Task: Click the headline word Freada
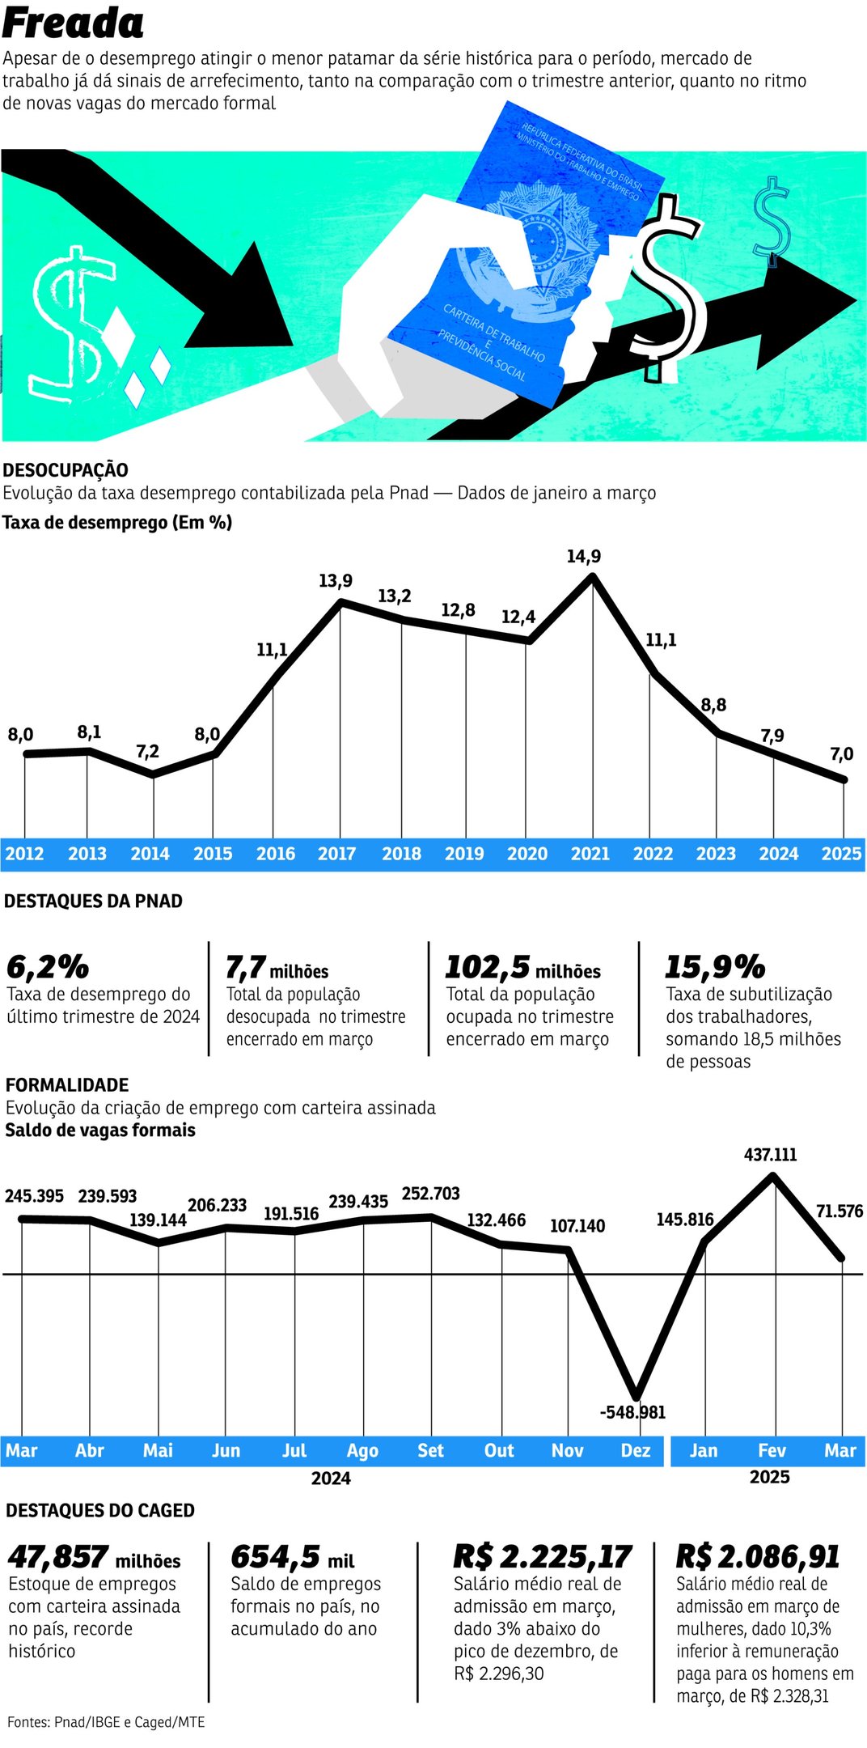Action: pos(73,23)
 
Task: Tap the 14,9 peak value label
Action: pos(583,557)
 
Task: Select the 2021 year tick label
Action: pos(590,854)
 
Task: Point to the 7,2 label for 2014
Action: pos(147,752)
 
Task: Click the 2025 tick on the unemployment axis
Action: pos(841,854)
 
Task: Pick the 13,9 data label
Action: pos(335,581)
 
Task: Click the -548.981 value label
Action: pos(632,1412)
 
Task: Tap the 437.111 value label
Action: pos(770,1155)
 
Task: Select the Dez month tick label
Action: pos(635,1451)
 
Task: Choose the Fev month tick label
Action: pos(772,1451)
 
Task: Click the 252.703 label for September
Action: pos(430,1194)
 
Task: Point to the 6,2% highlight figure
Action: pos(47,967)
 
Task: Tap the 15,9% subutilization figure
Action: pos(714,967)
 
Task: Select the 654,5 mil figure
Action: pos(292,1557)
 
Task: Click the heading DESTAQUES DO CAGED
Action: pos(99,1511)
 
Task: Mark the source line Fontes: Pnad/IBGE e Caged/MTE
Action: pos(106,1722)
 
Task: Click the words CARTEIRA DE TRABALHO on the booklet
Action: pos(493,333)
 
